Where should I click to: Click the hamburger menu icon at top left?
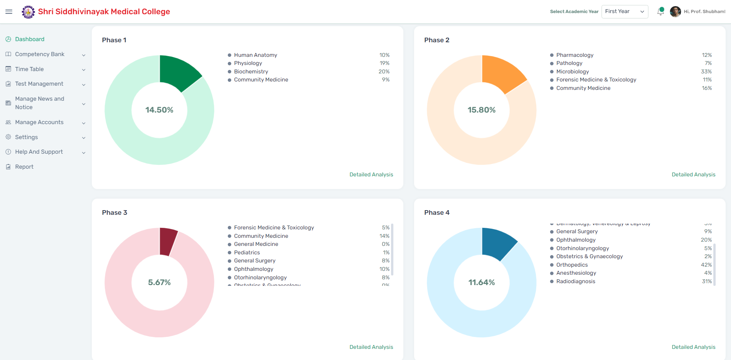coord(9,12)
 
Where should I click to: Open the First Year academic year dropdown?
coord(624,12)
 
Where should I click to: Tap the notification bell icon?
coord(660,12)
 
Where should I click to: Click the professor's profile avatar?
coord(675,12)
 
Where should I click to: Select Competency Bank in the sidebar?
coord(40,54)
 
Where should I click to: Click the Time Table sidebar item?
coord(29,69)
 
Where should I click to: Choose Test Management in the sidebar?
coord(39,84)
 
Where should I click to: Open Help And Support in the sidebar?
coord(39,152)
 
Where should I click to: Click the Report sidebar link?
coord(24,167)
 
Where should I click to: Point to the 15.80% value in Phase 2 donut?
coord(481,110)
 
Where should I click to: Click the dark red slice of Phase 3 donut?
coord(167,241)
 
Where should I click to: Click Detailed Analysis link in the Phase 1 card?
coord(371,174)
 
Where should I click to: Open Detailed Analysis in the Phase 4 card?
coord(693,347)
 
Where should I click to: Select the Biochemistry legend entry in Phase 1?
coord(251,71)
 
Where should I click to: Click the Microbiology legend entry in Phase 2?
coord(572,71)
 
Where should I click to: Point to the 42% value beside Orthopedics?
coord(706,265)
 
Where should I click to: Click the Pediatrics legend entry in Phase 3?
coord(247,252)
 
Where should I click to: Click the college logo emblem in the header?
coord(28,12)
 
